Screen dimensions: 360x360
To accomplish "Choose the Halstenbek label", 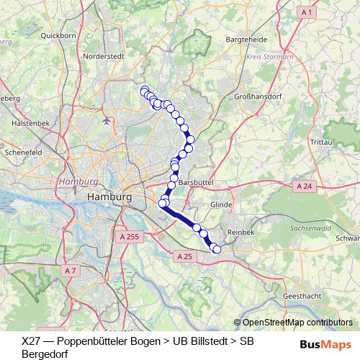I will (x=30, y=123).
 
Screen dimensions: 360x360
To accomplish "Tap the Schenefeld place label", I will (x=24, y=153).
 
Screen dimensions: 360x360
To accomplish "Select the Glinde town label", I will (x=241, y=204).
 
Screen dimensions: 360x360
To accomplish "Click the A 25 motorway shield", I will (x=184, y=256).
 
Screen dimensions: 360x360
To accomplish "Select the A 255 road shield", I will (x=130, y=235).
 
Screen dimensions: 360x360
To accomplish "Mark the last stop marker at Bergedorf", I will (x=217, y=249).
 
